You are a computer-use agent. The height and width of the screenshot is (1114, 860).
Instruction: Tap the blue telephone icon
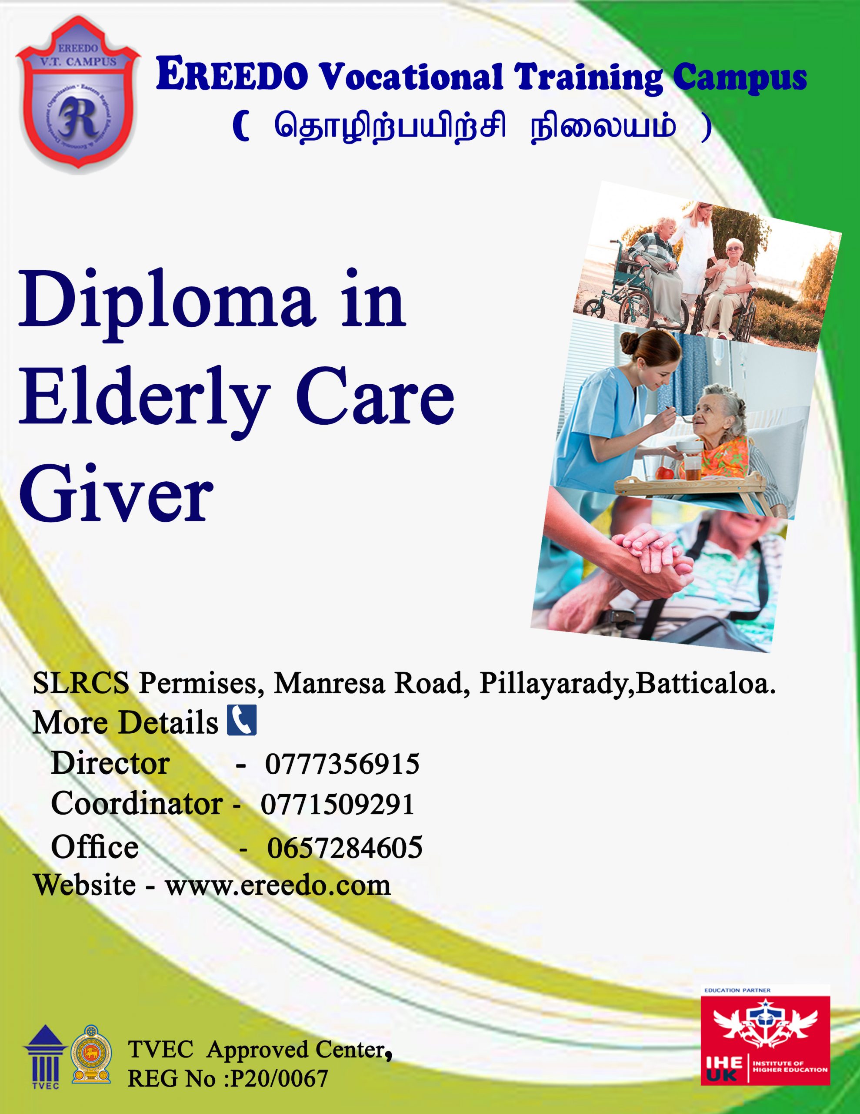click(x=242, y=720)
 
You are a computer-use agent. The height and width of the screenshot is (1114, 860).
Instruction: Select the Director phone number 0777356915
click(x=342, y=764)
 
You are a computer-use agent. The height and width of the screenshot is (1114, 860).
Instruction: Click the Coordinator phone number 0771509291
click(x=337, y=804)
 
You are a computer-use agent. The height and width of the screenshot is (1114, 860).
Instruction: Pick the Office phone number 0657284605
click(x=345, y=847)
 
